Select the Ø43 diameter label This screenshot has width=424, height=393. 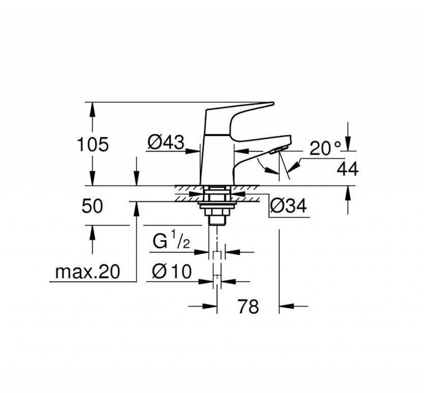point(165,143)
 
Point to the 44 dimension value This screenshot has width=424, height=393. point(347,169)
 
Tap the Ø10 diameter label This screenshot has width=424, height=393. point(171,272)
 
